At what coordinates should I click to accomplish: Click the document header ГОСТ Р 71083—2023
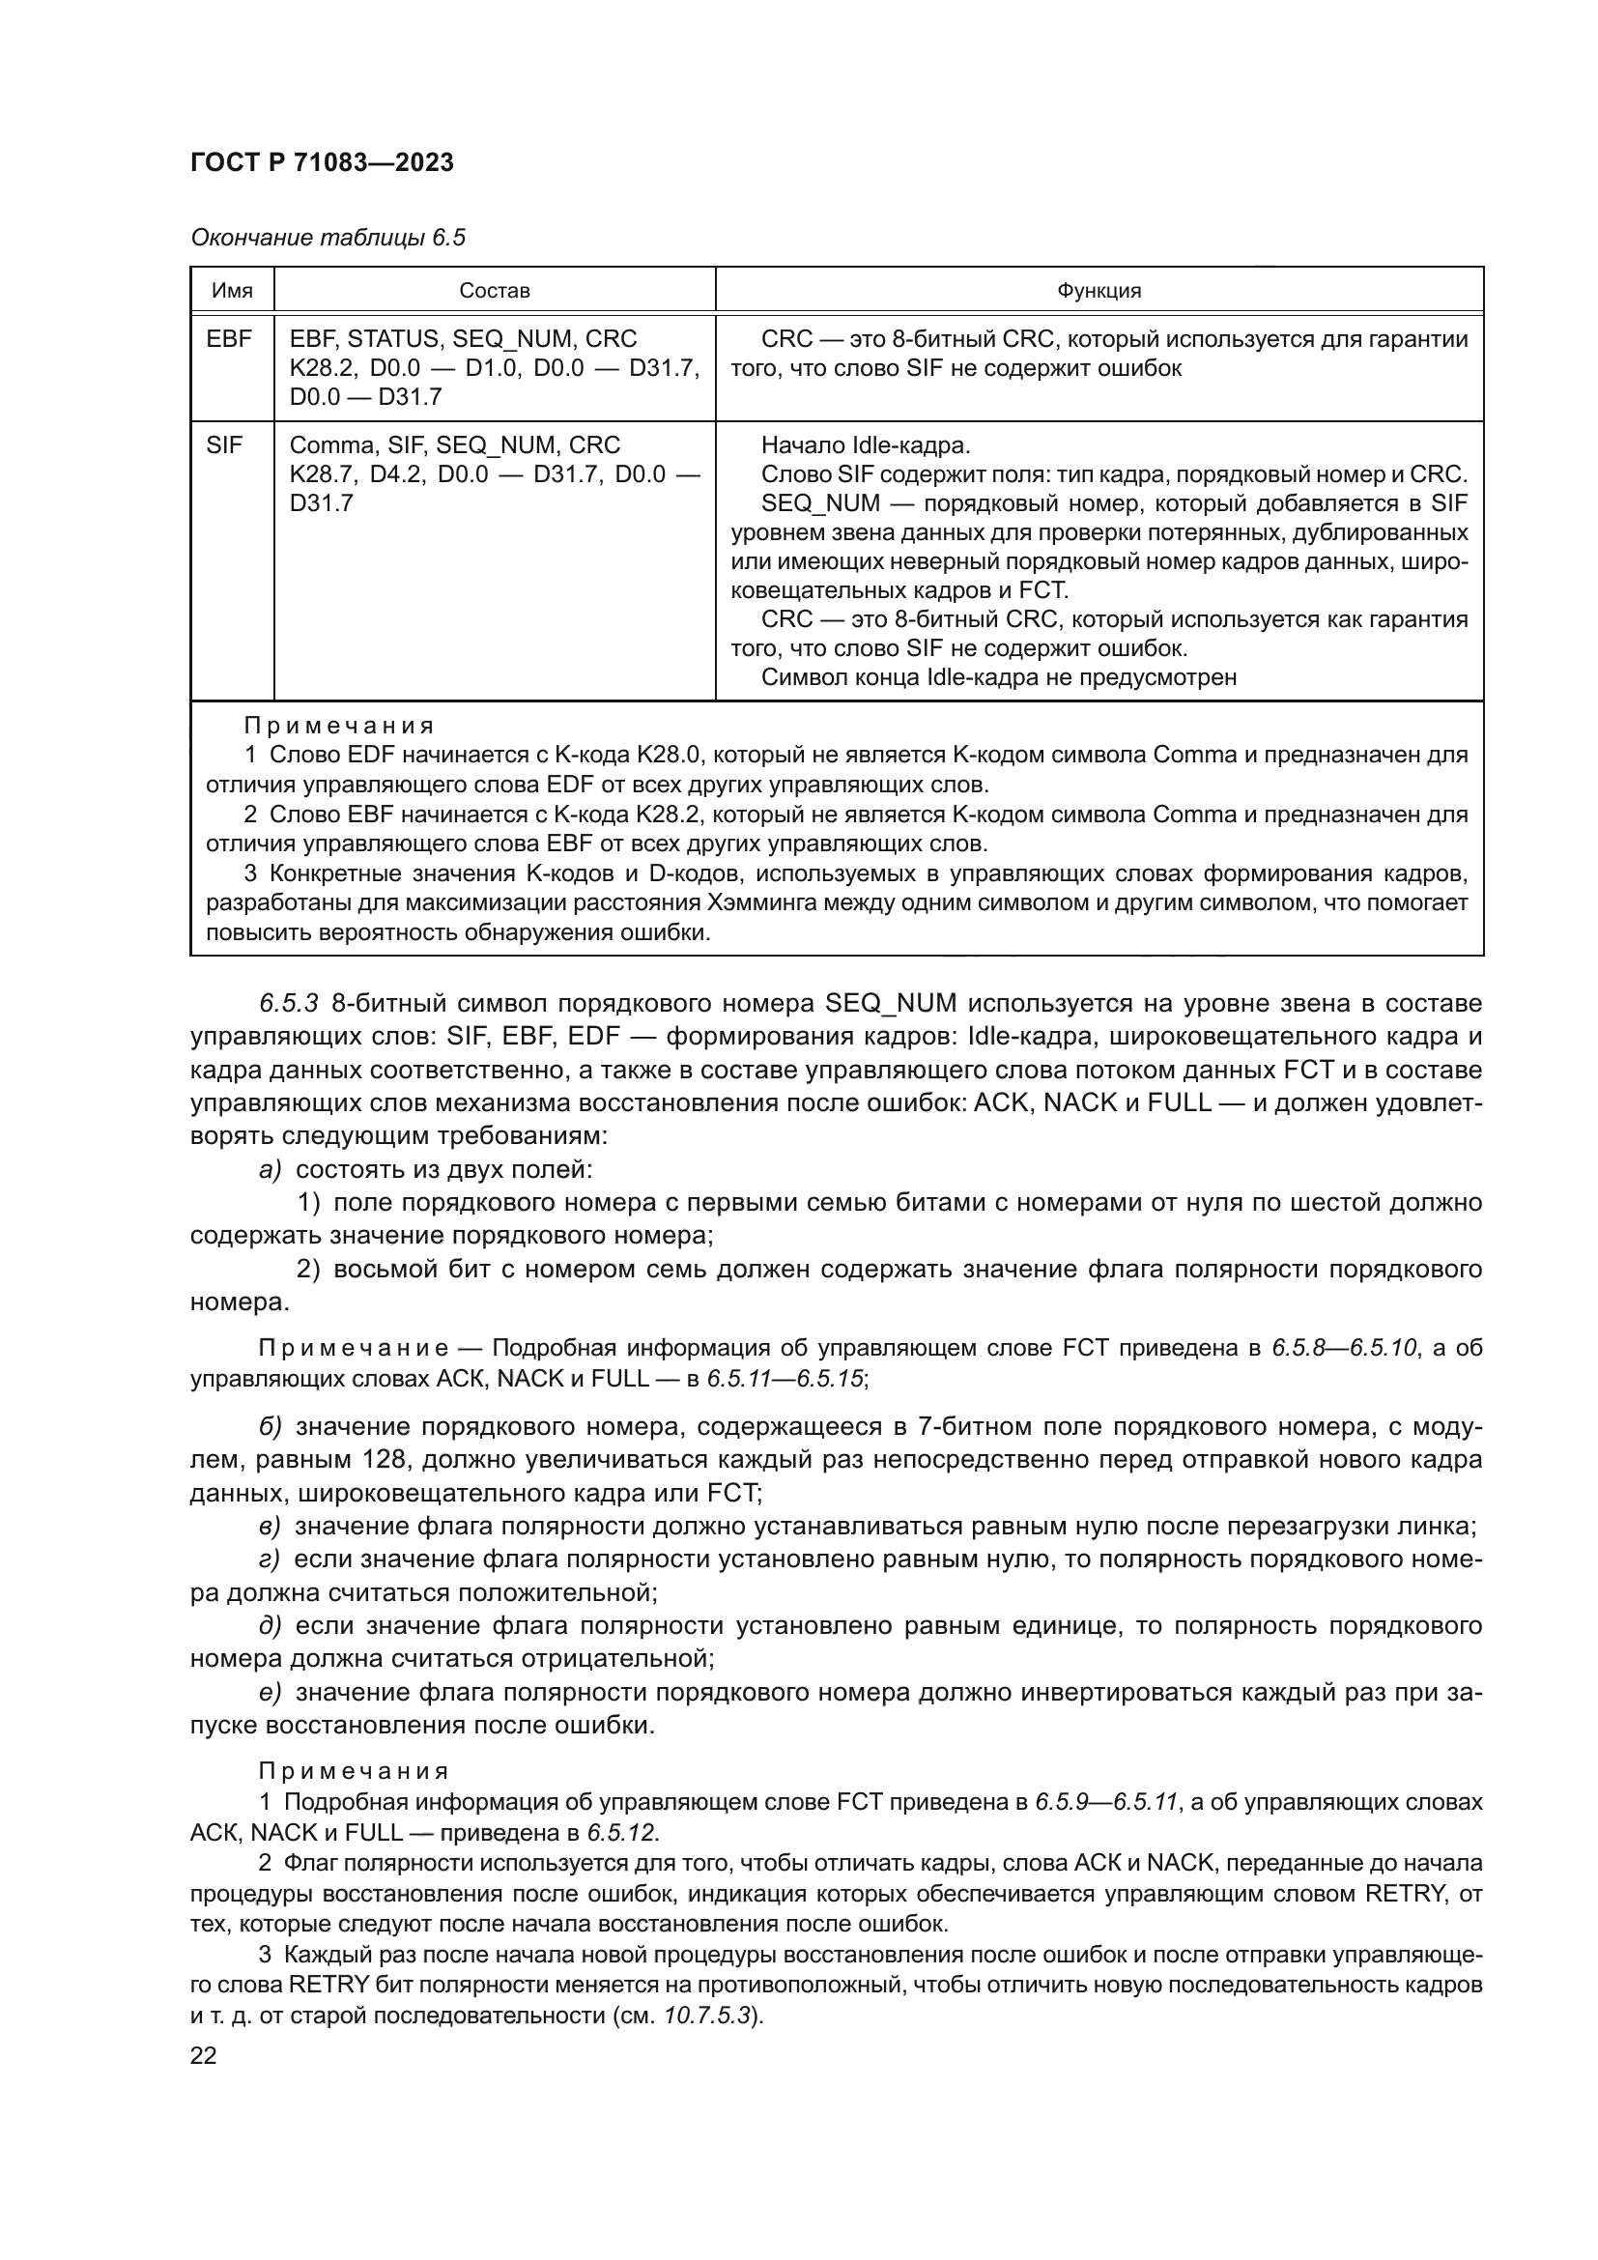pyautogui.click(x=322, y=163)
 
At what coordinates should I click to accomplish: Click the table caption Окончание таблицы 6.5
pyautogui.click(x=327, y=238)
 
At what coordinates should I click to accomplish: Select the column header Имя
pyautogui.click(x=232, y=291)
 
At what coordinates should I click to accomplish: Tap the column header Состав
pyautogui.click(x=494, y=291)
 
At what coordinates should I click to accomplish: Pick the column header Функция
pyautogui.click(x=1099, y=291)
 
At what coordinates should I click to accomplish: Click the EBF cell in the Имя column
pyautogui.click(x=229, y=338)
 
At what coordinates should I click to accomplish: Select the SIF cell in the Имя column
pyautogui.click(x=224, y=445)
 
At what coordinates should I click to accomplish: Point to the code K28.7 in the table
pyautogui.click(x=321, y=474)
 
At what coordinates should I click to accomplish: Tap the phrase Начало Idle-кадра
pyautogui.click(x=866, y=445)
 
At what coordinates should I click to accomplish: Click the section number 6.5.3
pyautogui.click(x=288, y=1003)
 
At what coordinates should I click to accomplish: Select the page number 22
pyautogui.click(x=204, y=2055)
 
